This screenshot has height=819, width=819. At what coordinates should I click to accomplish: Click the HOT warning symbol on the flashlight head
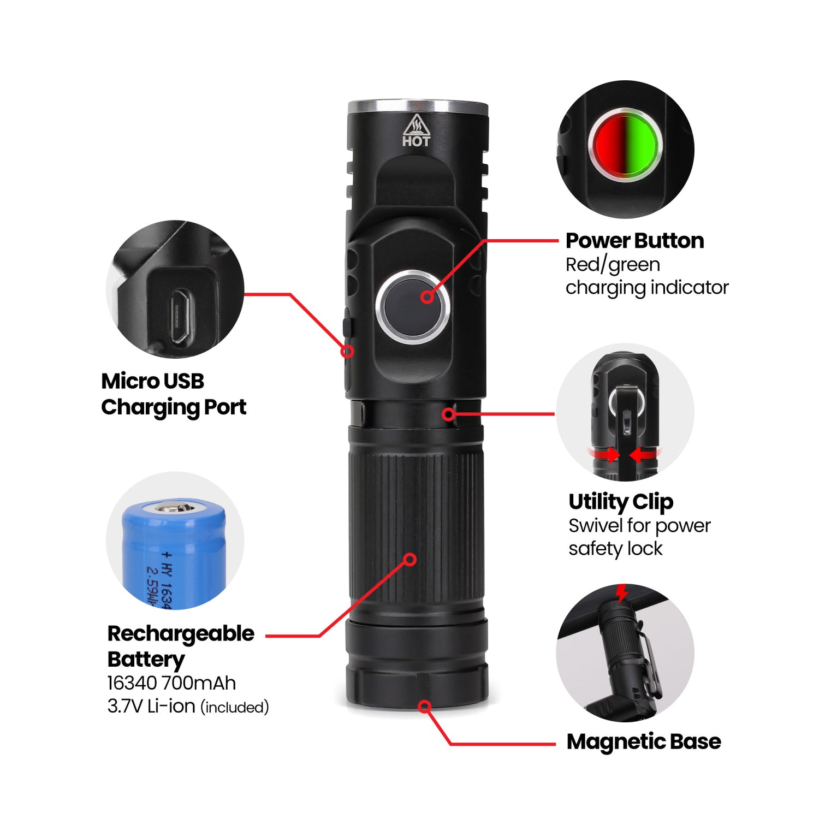[x=416, y=131]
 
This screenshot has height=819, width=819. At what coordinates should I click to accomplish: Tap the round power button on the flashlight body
[x=413, y=306]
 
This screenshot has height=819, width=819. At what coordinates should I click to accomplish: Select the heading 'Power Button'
[x=634, y=241]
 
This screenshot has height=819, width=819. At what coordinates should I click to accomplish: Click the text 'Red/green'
[x=613, y=265]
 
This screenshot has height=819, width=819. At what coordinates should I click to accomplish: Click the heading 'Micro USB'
[x=152, y=381]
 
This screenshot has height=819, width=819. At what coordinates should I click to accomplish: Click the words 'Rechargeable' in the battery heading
[x=181, y=634]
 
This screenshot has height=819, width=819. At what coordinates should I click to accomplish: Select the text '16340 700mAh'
[x=171, y=683]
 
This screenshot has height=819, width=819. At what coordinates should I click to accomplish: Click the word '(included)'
[x=235, y=708]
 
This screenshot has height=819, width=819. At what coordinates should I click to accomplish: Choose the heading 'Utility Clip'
[x=621, y=502]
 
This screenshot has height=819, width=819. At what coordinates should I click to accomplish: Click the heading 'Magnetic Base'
[x=644, y=741]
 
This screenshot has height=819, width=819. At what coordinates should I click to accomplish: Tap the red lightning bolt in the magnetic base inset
[x=621, y=592]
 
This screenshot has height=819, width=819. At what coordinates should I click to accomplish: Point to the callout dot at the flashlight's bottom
[x=425, y=707]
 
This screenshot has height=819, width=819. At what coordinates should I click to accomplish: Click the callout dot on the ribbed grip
[x=410, y=560]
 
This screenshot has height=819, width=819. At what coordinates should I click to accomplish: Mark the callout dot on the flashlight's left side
[x=347, y=351]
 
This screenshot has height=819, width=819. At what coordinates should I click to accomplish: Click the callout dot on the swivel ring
[x=449, y=414]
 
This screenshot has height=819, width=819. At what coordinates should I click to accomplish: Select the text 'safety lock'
[x=615, y=549]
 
